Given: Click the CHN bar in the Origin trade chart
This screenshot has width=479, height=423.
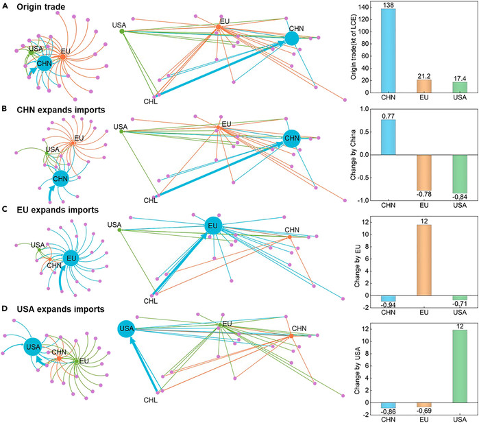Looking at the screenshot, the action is tap(389, 51).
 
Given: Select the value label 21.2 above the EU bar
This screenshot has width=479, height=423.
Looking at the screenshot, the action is tap(424, 76).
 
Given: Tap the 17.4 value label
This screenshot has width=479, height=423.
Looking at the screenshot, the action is tap(460, 79).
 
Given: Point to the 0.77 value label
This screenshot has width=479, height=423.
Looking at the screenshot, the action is tap(389, 116).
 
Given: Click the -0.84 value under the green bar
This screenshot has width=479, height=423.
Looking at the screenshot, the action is tap(460, 197).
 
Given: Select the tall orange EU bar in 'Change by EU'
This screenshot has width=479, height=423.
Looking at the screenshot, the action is tap(424, 260).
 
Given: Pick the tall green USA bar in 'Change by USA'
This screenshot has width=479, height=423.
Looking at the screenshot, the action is tap(460, 366).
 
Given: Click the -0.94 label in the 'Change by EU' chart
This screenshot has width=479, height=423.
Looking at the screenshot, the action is tap(389, 305).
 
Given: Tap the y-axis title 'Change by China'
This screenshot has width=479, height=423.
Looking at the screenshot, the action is tap(353, 155).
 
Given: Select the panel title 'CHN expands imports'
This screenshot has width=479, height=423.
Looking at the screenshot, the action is tap(61, 110).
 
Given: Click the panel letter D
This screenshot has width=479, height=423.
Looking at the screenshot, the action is tap(5, 309).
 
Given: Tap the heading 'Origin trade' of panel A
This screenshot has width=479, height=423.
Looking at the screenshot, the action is tap(41, 7).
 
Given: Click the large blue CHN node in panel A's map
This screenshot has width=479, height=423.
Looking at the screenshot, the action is tap(292, 39).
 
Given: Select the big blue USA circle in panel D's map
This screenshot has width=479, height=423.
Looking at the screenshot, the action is tap(126, 328).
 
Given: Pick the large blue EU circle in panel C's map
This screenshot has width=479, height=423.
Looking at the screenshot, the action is tap(213, 226).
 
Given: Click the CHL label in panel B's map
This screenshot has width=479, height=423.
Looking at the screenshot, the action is tap(151, 201).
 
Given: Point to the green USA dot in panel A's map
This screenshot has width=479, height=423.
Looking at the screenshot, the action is tap(122, 31).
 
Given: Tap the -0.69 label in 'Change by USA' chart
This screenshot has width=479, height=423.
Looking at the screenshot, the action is tap(424, 411).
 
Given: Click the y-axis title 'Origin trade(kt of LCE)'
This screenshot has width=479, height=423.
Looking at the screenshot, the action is tap(354, 47).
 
